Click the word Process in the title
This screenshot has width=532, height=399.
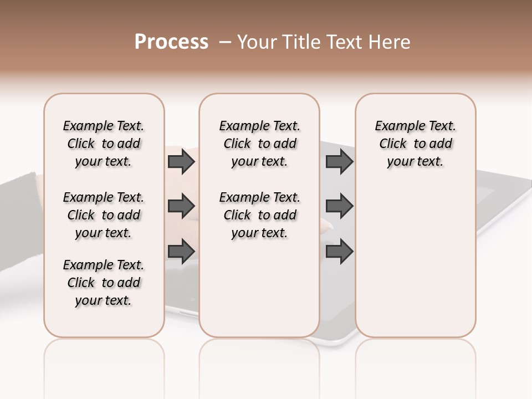point(171,42)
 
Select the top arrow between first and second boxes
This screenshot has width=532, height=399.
point(181,162)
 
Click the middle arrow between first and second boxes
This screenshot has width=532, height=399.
point(181,207)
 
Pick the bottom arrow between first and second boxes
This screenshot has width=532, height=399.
point(181,252)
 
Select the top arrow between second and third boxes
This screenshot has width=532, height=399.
point(339,162)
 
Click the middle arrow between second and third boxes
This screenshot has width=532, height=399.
point(339,207)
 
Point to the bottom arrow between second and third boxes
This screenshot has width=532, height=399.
point(339,252)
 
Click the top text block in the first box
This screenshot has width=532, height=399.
point(104,144)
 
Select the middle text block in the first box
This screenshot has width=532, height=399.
point(104,215)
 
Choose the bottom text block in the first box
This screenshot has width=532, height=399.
point(104,283)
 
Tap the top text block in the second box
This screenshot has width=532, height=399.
point(259,144)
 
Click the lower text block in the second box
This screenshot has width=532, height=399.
point(259,215)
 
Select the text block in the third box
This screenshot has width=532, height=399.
point(415,144)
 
